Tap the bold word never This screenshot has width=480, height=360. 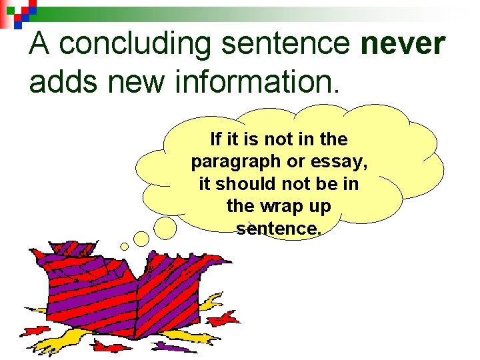tap(402, 44)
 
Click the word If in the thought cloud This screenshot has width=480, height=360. tap(215, 139)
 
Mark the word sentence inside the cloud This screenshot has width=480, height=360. tap(278, 229)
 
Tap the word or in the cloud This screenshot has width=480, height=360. tap(293, 162)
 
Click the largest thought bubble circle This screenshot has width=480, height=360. tap(165, 227)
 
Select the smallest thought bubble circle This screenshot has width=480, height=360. tap(124, 247)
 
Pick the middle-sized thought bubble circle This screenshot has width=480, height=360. tap(141, 238)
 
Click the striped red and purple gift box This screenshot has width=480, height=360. tap(127, 293)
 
